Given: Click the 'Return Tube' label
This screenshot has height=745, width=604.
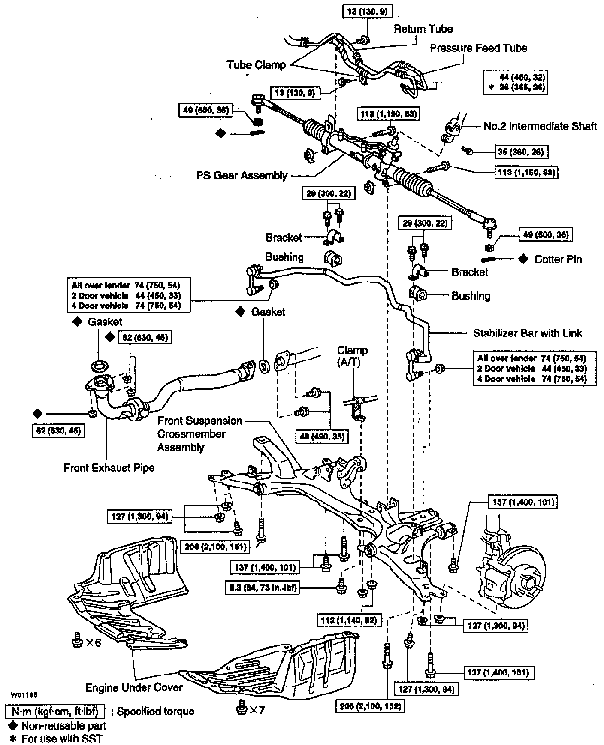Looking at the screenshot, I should (423, 29).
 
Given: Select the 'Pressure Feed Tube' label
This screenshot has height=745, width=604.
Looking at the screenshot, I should (478, 48).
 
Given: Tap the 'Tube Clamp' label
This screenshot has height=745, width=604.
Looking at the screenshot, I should (256, 65).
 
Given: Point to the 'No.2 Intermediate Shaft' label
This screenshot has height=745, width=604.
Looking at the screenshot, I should (540, 126).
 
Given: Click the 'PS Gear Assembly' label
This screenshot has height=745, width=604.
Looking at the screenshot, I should (242, 175).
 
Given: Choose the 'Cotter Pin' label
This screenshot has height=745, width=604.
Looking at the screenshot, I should (558, 259).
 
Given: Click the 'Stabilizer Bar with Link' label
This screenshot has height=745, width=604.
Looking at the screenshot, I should (527, 333).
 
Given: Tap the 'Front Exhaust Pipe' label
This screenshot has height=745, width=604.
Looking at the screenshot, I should (109, 467).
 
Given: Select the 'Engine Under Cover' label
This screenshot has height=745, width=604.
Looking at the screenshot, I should (134, 687).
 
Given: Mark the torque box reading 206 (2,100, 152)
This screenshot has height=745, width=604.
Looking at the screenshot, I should (370, 706).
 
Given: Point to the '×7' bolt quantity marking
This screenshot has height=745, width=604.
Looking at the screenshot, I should (257, 710).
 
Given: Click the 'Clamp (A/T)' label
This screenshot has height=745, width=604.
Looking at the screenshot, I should (352, 356).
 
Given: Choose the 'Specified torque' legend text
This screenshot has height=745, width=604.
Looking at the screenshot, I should (155, 712).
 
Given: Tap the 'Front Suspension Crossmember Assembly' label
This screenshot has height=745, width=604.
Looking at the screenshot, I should (199, 434).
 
